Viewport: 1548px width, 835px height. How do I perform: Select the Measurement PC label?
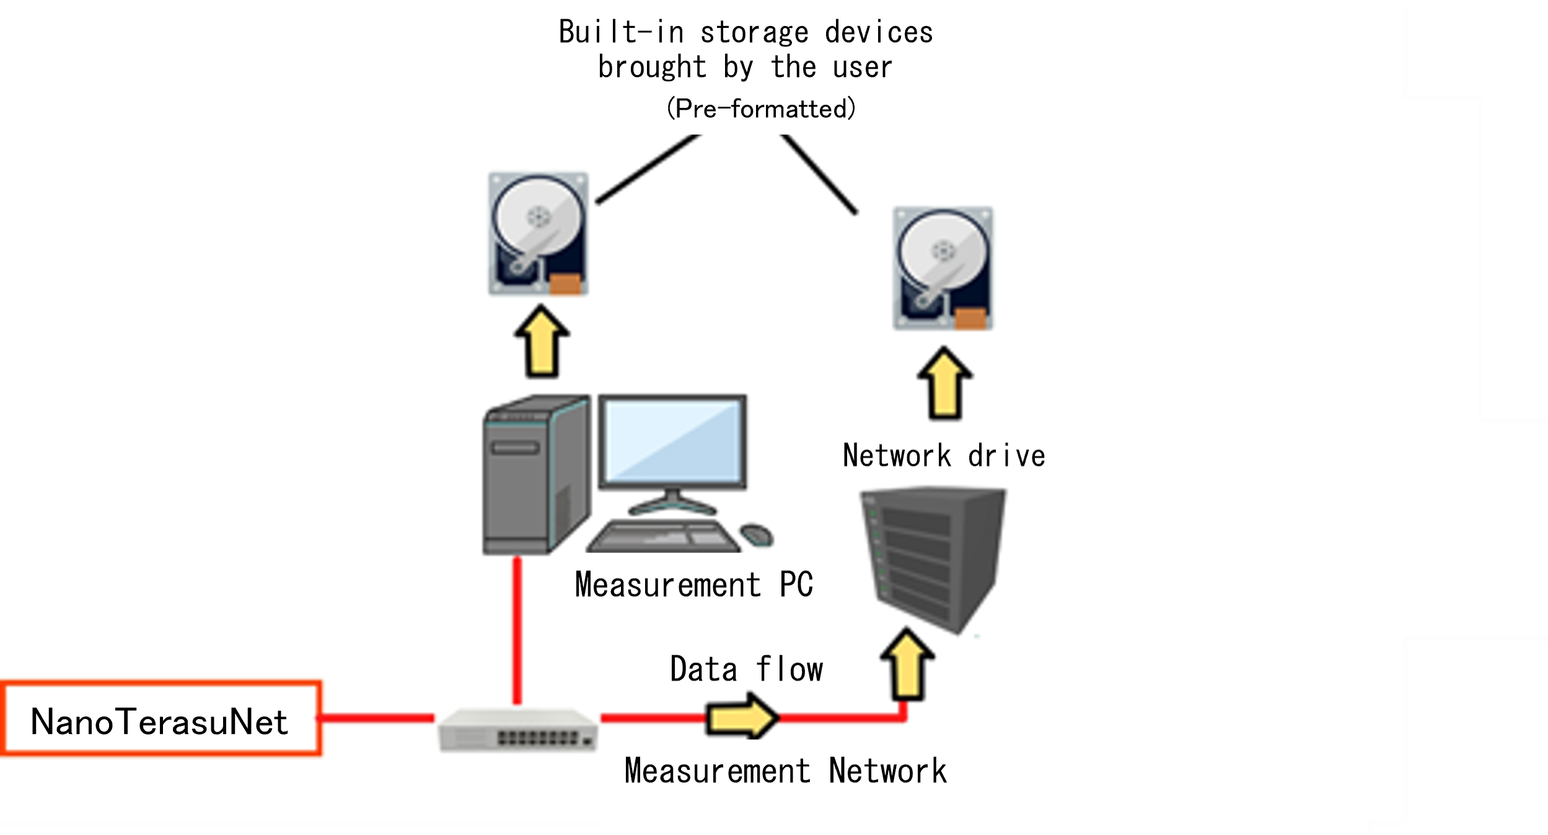[693, 584]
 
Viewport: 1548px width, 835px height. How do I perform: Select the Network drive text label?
[943, 456]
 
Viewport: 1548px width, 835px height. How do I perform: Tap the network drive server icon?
[933, 558]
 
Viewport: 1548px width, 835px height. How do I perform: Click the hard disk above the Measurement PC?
[539, 234]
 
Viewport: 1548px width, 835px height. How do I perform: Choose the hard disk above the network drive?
[943, 268]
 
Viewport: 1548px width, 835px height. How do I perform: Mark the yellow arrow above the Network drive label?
[944, 383]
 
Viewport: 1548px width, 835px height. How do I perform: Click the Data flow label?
[746, 669]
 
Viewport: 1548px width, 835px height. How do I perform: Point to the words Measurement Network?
[785, 771]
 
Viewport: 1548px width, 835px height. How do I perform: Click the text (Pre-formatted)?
[761, 108]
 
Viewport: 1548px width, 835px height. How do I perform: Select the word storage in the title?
[754, 32]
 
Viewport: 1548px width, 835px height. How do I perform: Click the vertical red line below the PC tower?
[517, 629]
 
